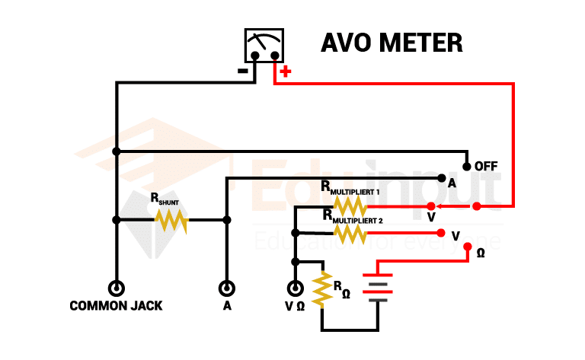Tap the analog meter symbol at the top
pyautogui.click(x=263, y=46)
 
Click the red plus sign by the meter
pyautogui.click(x=286, y=73)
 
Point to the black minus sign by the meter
pyautogui.click(x=242, y=72)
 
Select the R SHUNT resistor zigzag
pyautogui.click(x=171, y=220)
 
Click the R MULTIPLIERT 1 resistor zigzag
pyautogui.click(x=350, y=206)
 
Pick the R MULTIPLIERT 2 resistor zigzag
pyautogui.click(x=350, y=232)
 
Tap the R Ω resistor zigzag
pyautogui.click(x=322, y=289)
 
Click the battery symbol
pyautogui.click(x=379, y=288)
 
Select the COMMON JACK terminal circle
pyautogui.click(x=116, y=288)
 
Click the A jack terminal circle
pyautogui.click(x=226, y=288)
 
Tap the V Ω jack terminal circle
pyautogui.click(x=295, y=288)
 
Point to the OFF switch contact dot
pyautogui.click(x=466, y=165)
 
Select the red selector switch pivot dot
pyautogui.click(x=477, y=206)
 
